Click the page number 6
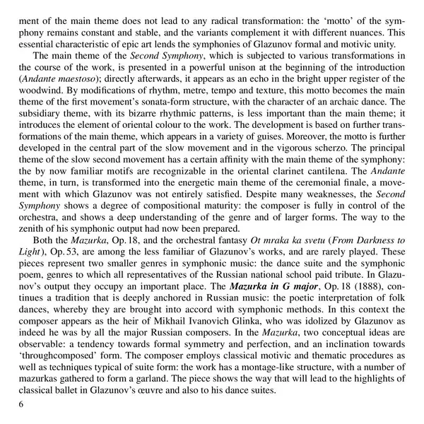[x=22, y=404]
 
